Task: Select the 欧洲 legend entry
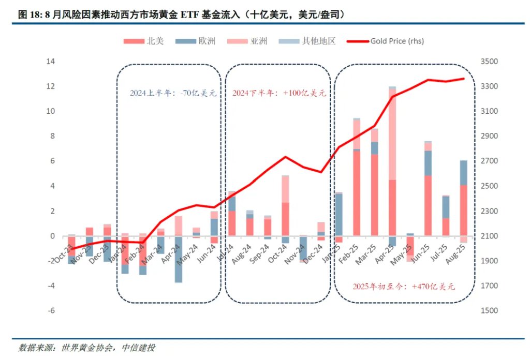pos(196,41)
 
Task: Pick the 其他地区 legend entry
pos(307,41)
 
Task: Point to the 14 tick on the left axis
pos(51,62)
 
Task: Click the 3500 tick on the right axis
pos(489,62)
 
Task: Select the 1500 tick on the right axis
pos(489,311)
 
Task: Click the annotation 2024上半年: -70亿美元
pos(172,94)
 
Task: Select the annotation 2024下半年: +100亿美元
pos(279,94)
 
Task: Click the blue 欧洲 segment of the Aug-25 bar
pos(463,173)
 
